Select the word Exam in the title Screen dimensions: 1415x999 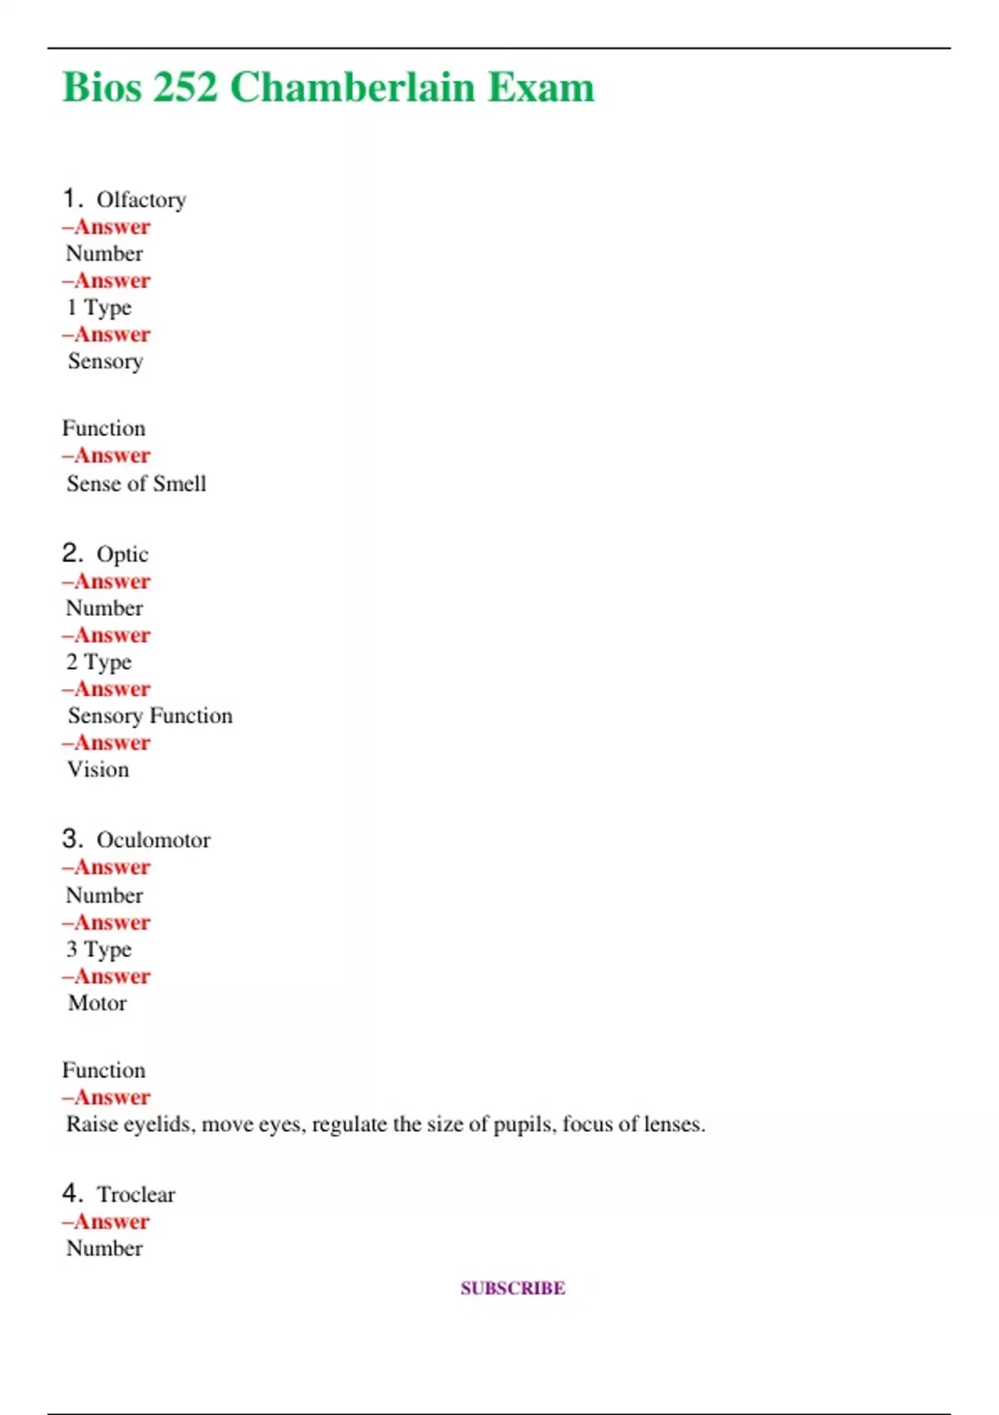coord(541,87)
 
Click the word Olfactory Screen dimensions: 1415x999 coord(141,201)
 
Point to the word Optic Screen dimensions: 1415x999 coord(122,554)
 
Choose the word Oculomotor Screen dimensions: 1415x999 coord(153,840)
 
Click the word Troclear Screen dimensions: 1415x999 coord(136,1194)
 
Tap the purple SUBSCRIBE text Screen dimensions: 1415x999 coord(513,1288)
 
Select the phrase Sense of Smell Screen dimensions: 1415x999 coord(136,484)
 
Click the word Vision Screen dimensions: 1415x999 coord(98,770)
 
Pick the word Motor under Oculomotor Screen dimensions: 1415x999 coord(97,1003)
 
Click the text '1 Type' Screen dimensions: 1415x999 coord(99,308)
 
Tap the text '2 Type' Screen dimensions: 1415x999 coord(99,663)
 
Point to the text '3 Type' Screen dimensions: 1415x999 coord(99,950)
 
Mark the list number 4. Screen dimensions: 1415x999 coord(72,1194)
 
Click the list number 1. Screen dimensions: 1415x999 coord(72,199)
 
